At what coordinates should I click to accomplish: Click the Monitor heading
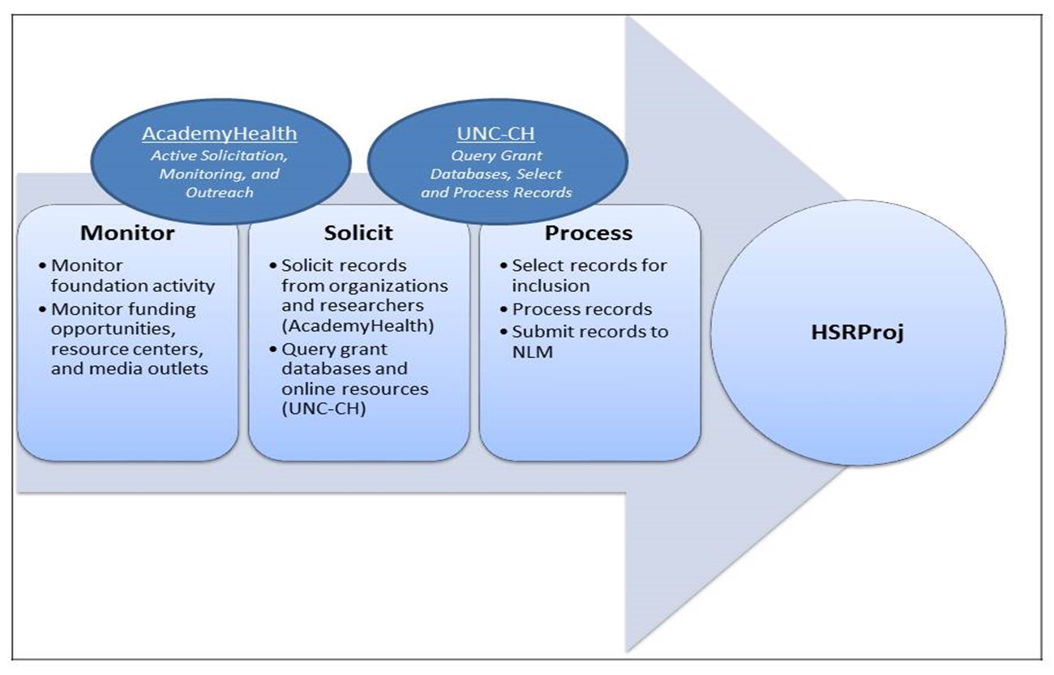pyautogui.click(x=127, y=233)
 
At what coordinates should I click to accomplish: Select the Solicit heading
pyautogui.click(x=358, y=233)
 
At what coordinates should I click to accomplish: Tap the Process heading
pyautogui.click(x=589, y=233)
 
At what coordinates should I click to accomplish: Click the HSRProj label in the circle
pyautogui.click(x=857, y=333)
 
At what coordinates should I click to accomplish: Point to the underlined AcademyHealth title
pyautogui.click(x=219, y=134)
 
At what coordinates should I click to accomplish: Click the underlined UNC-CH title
pyautogui.click(x=496, y=134)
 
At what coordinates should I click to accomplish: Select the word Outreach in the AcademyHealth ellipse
pyautogui.click(x=219, y=192)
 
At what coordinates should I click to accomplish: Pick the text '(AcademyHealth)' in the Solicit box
pyautogui.click(x=358, y=325)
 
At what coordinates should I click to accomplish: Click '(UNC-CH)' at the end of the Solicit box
pyautogui.click(x=323, y=408)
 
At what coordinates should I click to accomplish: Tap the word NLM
pyautogui.click(x=532, y=351)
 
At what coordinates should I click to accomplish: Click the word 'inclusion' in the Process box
pyautogui.click(x=551, y=286)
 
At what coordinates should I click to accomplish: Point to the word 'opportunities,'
pyautogui.click(x=114, y=329)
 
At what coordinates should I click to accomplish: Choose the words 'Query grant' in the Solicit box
pyautogui.click(x=334, y=350)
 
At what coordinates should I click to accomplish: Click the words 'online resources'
pyautogui.click(x=355, y=389)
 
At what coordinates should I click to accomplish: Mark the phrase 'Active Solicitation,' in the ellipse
pyautogui.click(x=219, y=155)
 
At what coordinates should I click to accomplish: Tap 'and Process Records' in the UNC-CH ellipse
pyautogui.click(x=496, y=192)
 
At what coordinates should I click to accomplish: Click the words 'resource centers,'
pyautogui.click(x=127, y=350)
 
